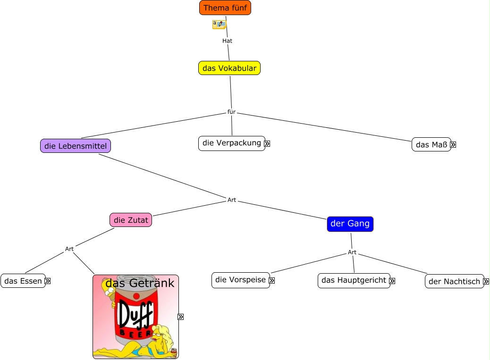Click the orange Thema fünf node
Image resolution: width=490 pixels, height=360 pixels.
[225, 8]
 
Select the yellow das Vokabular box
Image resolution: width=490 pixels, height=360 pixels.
[229, 68]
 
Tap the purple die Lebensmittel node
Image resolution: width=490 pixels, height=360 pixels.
[76, 146]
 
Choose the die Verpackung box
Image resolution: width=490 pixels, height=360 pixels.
[232, 143]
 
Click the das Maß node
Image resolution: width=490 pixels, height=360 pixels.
[431, 144]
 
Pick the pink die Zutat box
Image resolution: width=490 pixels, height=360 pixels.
[131, 220]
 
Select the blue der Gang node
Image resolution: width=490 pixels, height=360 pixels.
[350, 224]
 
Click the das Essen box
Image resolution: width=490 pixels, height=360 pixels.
[23, 281]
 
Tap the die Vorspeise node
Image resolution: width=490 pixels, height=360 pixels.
[241, 280]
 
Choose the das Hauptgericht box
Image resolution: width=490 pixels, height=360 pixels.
[354, 281]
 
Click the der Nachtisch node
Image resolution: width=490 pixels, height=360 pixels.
[455, 281]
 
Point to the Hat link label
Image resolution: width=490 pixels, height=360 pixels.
[227, 41]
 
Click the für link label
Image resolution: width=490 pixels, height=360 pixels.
[231, 112]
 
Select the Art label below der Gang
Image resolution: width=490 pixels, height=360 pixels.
[352, 252]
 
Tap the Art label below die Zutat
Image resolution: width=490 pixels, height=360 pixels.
[69, 249]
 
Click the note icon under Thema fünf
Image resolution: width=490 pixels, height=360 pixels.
[220, 25]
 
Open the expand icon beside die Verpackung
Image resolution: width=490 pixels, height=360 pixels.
[267, 143]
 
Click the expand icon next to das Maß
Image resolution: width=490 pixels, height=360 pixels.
[453, 145]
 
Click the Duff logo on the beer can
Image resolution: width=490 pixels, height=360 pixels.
[135, 314]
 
